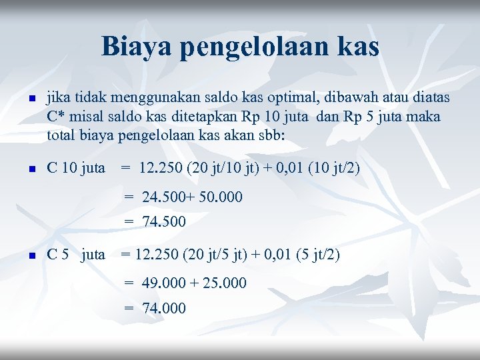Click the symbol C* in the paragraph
pos(56,117)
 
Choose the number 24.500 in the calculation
pos(163,197)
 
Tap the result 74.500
pos(163,221)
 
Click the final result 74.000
pos(163,308)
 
